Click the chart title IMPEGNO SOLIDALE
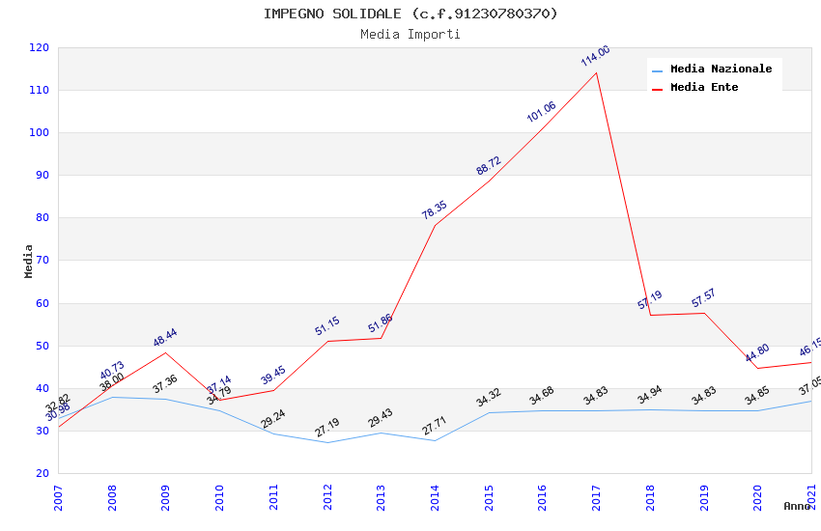(410, 14)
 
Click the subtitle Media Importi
(410, 34)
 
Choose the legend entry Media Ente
(704, 87)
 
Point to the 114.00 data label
(595, 56)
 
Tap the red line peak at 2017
(596, 72)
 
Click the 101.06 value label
(541, 112)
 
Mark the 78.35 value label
(434, 210)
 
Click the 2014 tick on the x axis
(435, 497)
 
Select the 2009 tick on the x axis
(165, 497)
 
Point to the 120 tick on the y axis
(40, 47)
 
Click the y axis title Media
(29, 261)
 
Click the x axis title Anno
(797, 506)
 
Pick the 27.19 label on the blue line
(327, 428)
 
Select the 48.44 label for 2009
(165, 338)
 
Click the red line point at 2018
(650, 315)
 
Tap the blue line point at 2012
(327, 442)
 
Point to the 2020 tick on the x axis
(758, 497)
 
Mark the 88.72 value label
(488, 166)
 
